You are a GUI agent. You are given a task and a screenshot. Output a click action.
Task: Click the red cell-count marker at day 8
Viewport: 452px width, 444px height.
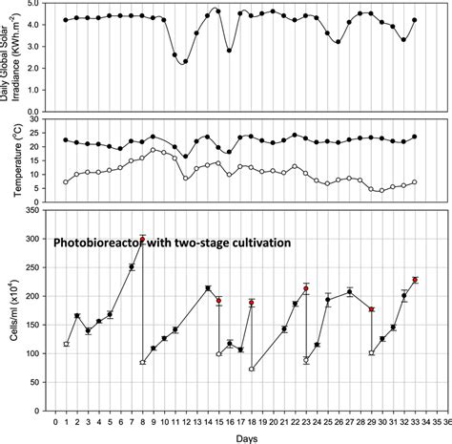(x=142, y=241)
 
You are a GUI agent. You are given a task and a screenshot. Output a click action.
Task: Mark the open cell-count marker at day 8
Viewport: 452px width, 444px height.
(x=142, y=363)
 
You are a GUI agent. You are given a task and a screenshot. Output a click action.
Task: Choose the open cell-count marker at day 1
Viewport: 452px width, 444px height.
(x=66, y=344)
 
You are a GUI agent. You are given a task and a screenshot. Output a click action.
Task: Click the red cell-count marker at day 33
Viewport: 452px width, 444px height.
(x=415, y=280)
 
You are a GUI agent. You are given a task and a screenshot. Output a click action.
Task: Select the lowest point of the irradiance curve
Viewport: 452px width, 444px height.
(x=185, y=62)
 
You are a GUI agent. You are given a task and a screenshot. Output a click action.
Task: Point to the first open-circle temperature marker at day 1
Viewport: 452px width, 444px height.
(x=66, y=181)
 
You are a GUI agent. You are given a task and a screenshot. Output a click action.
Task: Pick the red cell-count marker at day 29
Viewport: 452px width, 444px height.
(x=371, y=309)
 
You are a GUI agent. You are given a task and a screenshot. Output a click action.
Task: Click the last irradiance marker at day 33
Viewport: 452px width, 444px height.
(x=414, y=20)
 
